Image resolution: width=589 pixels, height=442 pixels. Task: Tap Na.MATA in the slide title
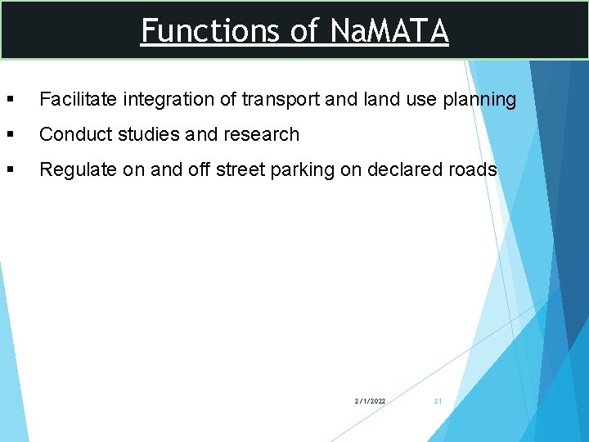pyautogui.click(x=389, y=31)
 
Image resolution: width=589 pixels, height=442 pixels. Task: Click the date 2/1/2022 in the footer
pyautogui.click(x=370, y=401)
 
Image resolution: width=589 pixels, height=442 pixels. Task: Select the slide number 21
pyautogui.click(x=438, y=401)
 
